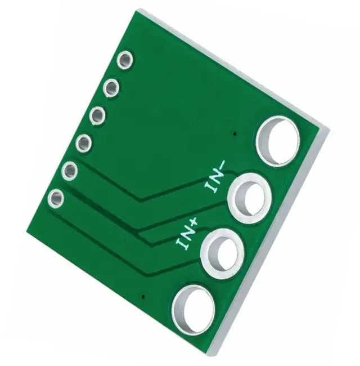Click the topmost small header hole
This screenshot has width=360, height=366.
125,60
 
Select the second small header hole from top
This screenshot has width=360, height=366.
111,88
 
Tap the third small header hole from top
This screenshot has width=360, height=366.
97,115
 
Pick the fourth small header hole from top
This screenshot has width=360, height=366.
83,144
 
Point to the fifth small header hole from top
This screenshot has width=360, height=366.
70,171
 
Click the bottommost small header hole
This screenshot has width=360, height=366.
56,199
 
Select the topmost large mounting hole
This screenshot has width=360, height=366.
278,141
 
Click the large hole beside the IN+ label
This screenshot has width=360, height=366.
222,254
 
